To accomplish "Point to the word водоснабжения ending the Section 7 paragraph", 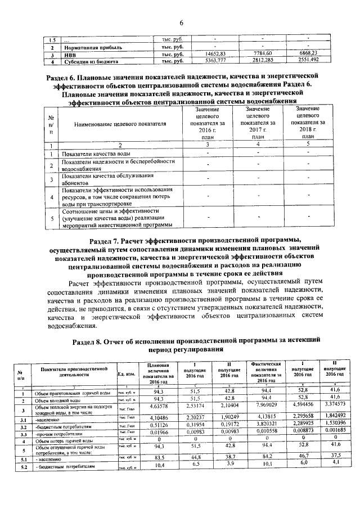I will (61, 325).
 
